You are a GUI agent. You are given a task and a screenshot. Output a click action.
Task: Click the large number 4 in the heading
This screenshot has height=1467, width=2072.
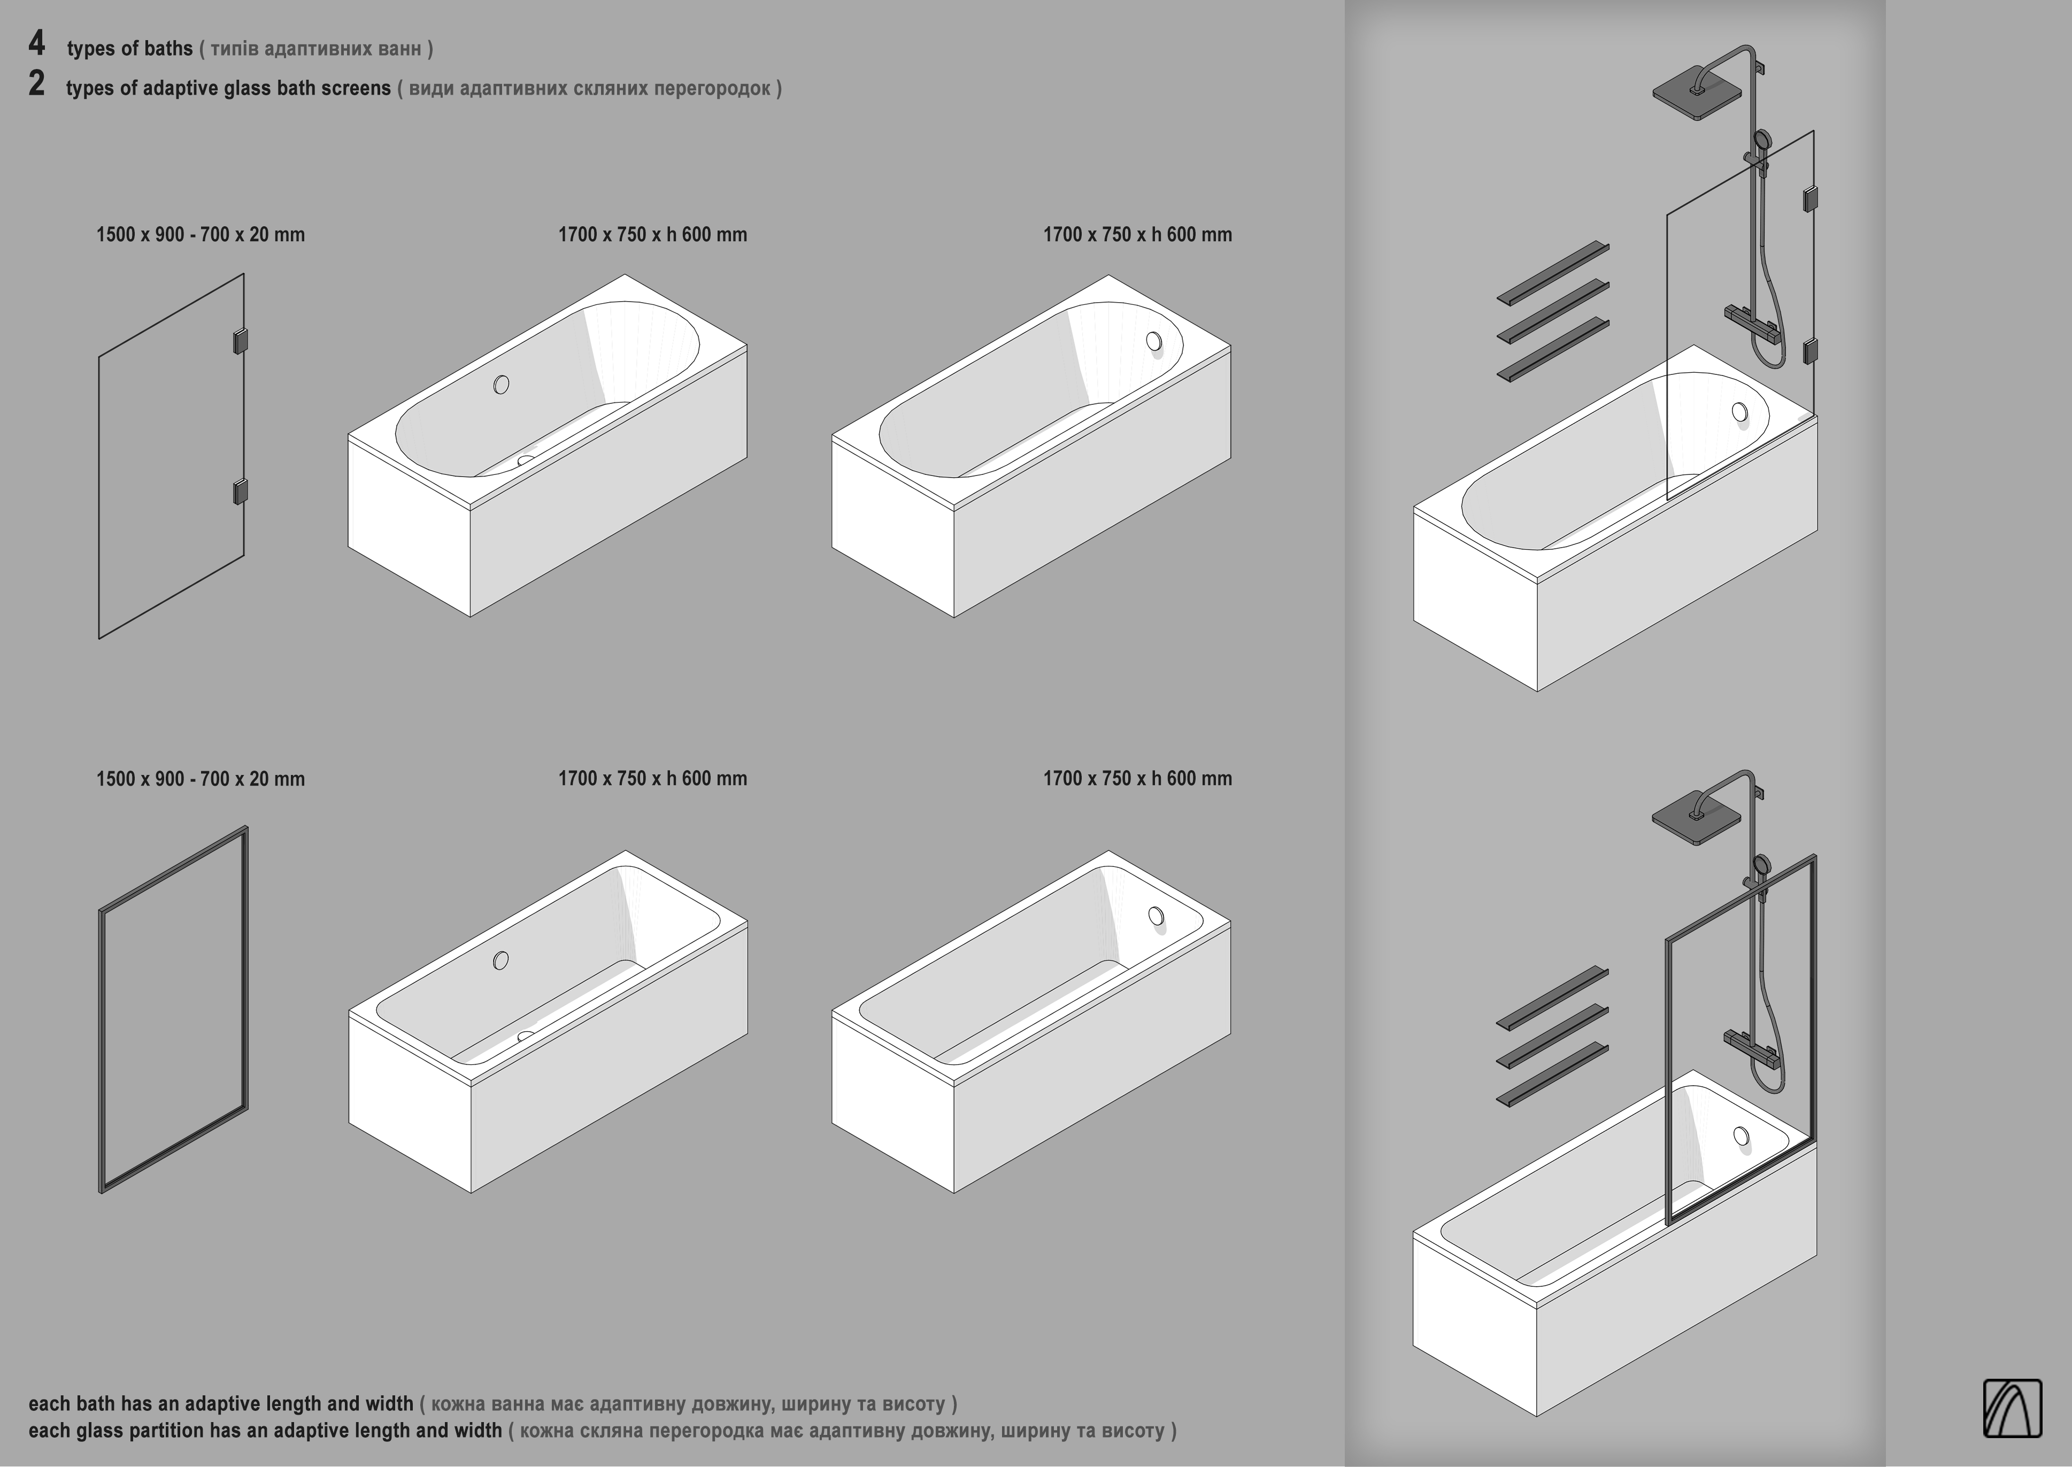point(36,43)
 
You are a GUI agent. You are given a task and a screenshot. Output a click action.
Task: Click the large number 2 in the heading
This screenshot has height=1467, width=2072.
point(36,83)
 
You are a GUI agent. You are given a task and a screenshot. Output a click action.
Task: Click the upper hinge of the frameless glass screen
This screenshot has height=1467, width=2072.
point(240,341)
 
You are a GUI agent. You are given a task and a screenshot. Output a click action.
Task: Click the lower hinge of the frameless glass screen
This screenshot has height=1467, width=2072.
point(240,491)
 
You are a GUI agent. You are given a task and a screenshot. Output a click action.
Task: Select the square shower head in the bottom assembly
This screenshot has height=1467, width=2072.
point(1696,818)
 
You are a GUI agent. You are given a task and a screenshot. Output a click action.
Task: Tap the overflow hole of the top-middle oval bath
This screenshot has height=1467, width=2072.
point(502,385)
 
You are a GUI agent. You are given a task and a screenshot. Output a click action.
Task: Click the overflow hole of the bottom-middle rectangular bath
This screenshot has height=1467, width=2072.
point(500,960)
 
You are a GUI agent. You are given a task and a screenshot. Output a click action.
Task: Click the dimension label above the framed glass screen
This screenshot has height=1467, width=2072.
point(201,779)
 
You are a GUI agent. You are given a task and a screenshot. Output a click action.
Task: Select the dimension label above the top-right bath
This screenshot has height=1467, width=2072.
point(1137,235)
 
